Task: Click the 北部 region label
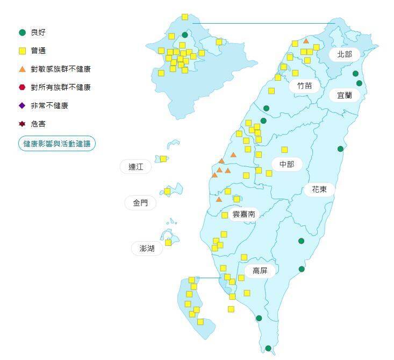coord(345,54)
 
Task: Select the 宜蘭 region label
coord(345,95)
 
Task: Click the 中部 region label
coord(286,164)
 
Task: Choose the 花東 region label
coord(319,189)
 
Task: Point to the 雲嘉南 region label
coord(243,214)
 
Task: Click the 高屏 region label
coord(260,270)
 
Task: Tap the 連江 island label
coord(136,167)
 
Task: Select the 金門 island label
coord(140,203)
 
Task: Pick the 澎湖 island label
coord(147,248)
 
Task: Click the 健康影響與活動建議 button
coord(56,144)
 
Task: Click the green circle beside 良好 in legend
coord(22,33)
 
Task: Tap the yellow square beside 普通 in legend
coord(22,51)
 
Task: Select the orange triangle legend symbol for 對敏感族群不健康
coord(22,69)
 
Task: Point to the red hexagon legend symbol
coord(22,87)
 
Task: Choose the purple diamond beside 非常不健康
coord(22,105)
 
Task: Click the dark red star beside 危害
coord(22,124)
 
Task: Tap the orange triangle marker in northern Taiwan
coord(306,41)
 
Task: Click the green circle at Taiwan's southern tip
coord(268,348)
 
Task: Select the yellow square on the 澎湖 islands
coord(168,242)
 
